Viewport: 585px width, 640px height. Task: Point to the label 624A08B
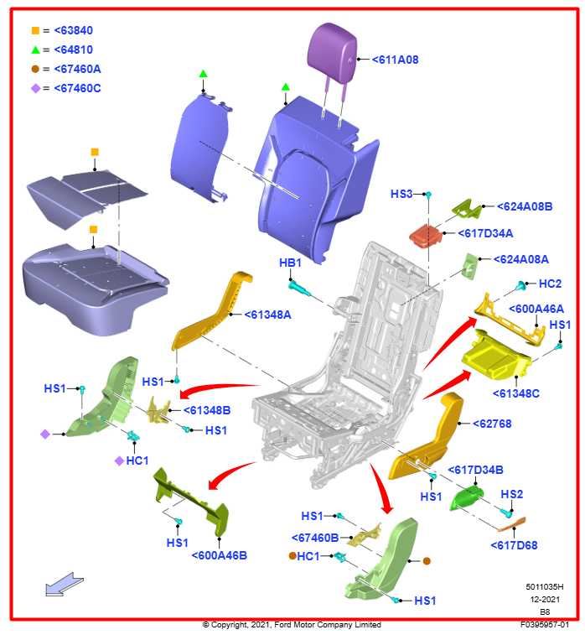[524, 206]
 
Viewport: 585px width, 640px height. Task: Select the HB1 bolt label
[289, 263]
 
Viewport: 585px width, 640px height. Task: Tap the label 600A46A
[536, 309]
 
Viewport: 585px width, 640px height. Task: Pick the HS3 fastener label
[401, 194]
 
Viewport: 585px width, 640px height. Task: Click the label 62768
[491, 424]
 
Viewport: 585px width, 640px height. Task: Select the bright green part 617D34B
[465, 497]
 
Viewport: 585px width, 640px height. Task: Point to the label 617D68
[514, 545]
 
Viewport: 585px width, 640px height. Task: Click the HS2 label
[511, 494]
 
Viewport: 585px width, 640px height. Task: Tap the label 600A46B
[219, 555]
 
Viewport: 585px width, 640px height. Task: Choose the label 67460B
[315, 538]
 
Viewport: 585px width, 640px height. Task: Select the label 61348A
[267, 315]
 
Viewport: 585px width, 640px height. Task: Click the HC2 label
[550, 284]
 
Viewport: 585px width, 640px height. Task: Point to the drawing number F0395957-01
[544, 625]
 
